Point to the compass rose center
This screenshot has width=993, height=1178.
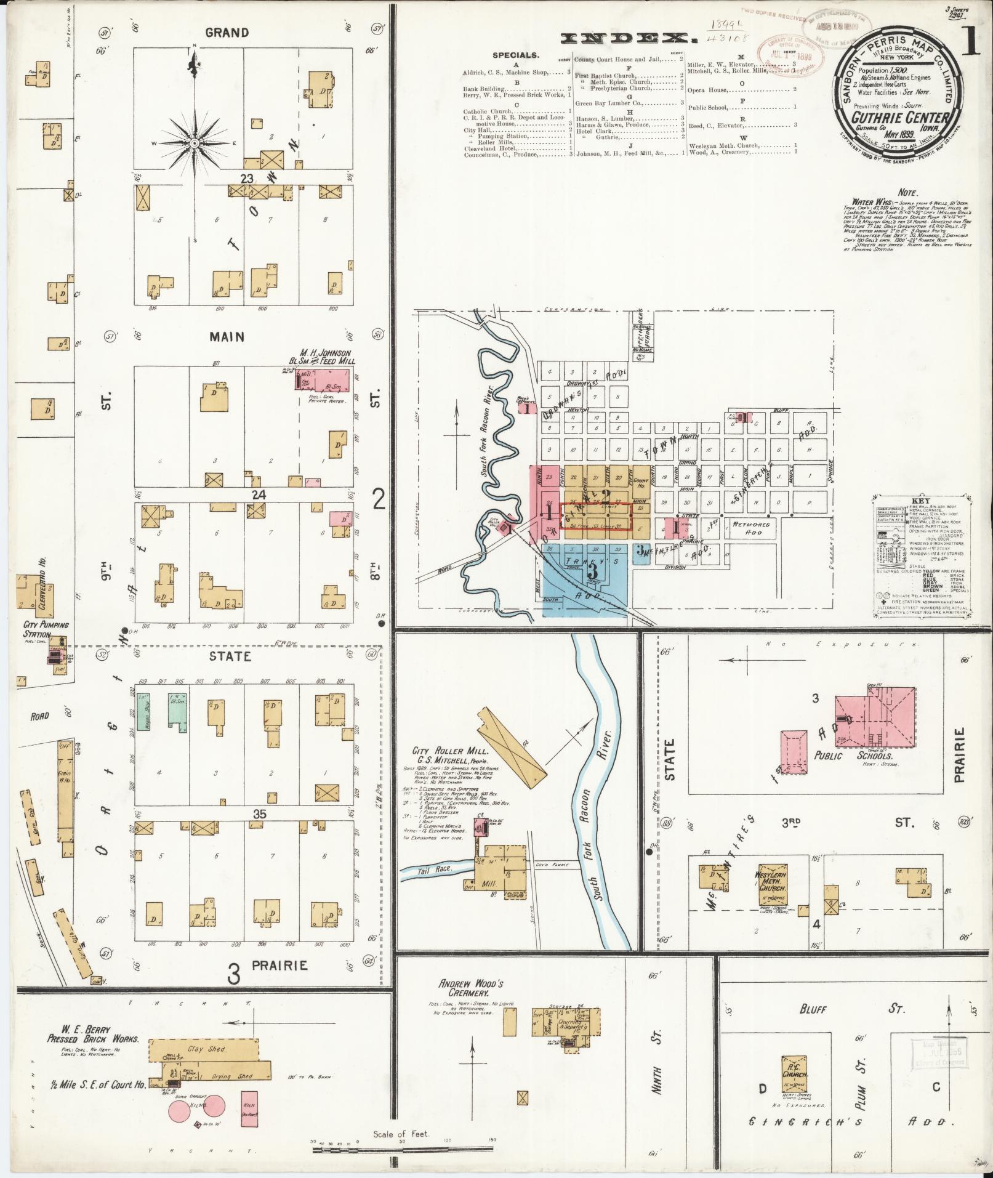point(195,143)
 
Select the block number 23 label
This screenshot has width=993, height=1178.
point(247,179)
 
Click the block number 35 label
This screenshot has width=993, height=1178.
point(259,814)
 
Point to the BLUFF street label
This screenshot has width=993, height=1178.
point(814,1009)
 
